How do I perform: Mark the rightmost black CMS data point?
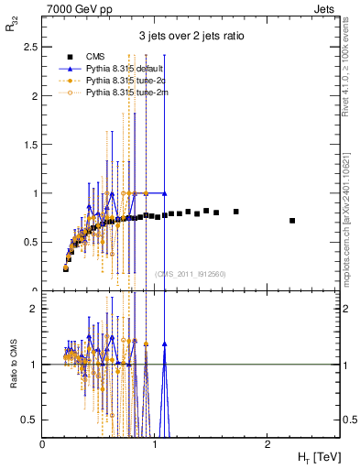pyautogui.click(x=292, y=221)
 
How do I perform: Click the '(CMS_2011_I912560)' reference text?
pyautogui.click(x=191, y=273)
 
